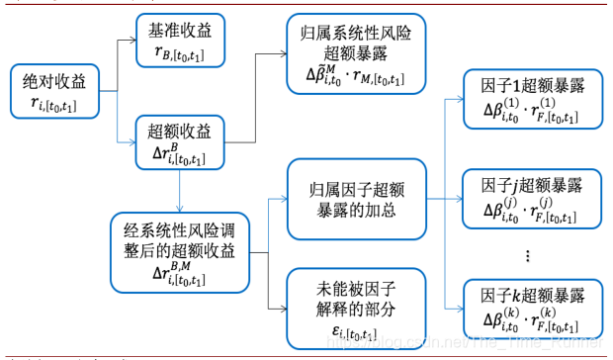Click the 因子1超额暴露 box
[x=529, y=99]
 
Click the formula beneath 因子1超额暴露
[x=529, y=111]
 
